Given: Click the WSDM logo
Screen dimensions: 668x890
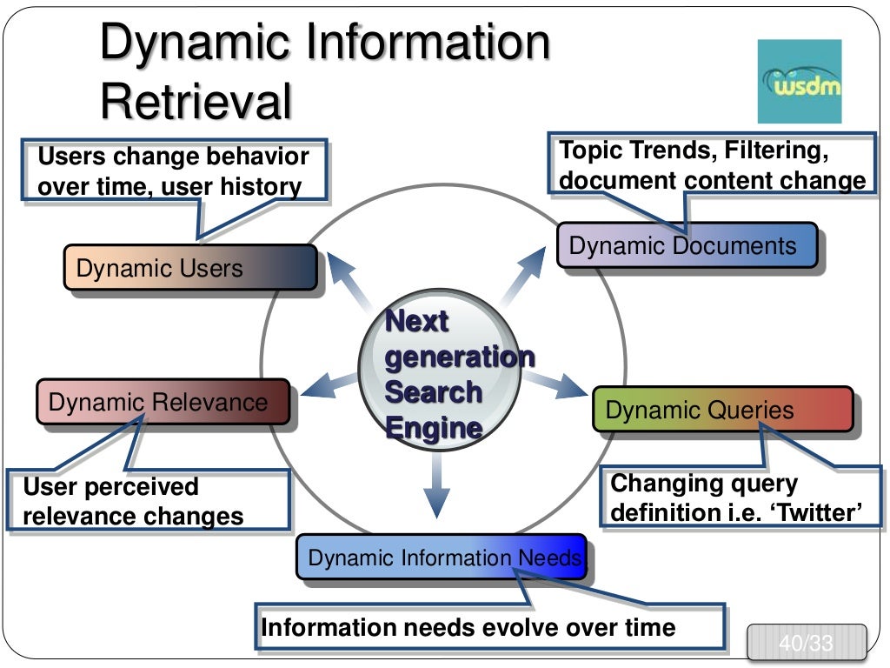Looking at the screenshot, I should (800, 81).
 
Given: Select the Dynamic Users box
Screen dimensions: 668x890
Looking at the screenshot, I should (189, 267).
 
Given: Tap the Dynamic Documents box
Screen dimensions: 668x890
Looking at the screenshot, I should (687, 245).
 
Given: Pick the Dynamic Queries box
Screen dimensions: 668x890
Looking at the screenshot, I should (722, 410).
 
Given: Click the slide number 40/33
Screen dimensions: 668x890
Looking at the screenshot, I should (806, 645).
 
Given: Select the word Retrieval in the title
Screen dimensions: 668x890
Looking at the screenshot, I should (196, 102).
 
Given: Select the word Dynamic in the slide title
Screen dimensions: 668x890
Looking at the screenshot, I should (202, 43).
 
